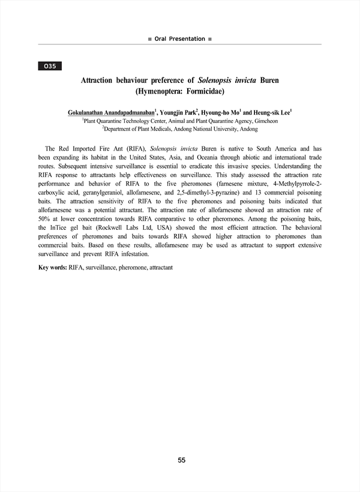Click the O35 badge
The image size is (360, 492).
tap(49, 66)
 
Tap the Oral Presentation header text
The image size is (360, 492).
tap(179, 38)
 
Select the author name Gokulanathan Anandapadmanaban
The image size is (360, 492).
tap(111, 112)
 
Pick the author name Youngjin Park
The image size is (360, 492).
tap(178, 112)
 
